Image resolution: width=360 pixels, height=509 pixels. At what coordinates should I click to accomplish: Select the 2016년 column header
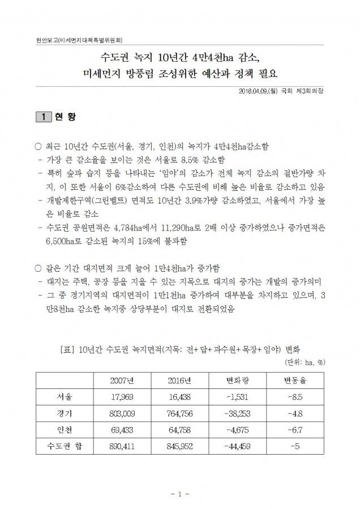click(179, 379)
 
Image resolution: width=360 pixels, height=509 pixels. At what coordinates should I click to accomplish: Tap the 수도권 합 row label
click(65, 446)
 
